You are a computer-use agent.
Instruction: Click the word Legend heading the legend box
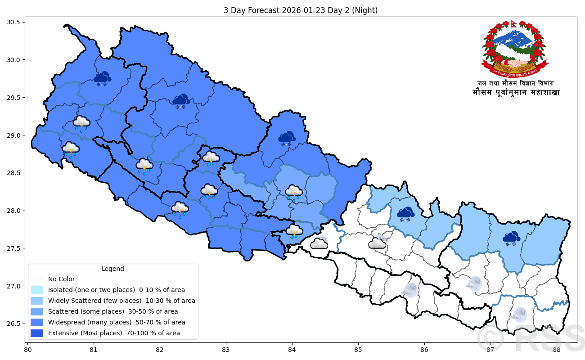112,269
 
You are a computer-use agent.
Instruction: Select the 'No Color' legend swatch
37,279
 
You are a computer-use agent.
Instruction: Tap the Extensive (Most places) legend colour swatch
37,333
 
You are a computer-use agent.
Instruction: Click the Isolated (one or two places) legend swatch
37,290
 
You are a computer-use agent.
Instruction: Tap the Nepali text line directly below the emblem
516,83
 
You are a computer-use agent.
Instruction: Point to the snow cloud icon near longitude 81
103,79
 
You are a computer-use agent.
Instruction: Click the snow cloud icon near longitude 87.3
511,238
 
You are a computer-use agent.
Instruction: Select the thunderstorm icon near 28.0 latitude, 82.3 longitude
180,209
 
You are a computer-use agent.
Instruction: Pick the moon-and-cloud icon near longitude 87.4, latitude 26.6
519,315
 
